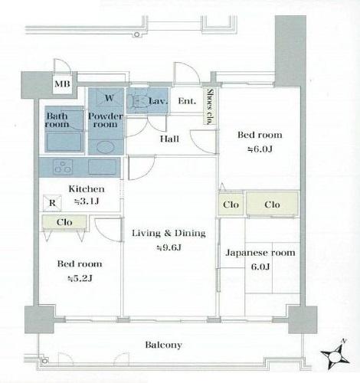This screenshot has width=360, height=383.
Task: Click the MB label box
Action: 62,84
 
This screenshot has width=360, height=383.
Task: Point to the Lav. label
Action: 159,100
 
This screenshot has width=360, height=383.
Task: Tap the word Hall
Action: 169,139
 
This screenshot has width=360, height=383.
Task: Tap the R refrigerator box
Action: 51,203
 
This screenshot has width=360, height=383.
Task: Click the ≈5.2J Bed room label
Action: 80,270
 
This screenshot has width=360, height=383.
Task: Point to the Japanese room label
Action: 260,259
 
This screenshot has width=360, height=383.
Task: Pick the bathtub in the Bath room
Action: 64,142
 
